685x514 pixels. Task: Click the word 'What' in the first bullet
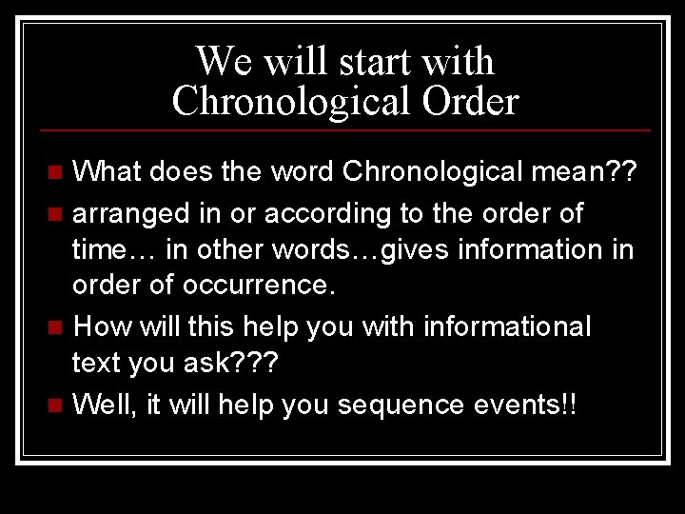click(108, 172)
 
